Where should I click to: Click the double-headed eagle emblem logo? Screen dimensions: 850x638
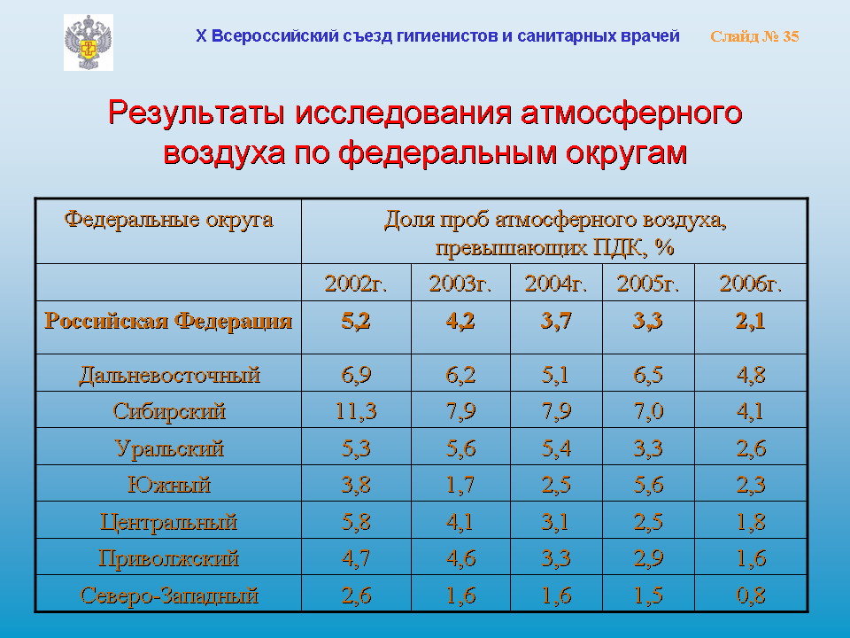click(x=89, y=43)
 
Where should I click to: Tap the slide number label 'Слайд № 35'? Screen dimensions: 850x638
click(x=754, y=36)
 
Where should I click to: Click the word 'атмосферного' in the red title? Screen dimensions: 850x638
click(x=631, y=113)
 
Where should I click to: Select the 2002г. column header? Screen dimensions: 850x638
click(x=356, y=284)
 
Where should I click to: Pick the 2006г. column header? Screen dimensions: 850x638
click(x=751, y=284)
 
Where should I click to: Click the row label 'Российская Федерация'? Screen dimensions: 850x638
click(x=168, y=321)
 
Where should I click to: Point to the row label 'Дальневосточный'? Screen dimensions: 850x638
click(x=170, y=375)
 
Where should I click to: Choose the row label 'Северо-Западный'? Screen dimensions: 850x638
click(x=169, y=595)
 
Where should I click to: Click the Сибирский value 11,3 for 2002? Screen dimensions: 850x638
click(x=356, y=411)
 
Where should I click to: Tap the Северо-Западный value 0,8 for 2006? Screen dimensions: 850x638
click(x=751, y=595)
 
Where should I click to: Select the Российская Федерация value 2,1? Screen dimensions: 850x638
click(x=751, y=321)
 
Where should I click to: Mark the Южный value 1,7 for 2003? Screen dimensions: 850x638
click(x=460, y=485)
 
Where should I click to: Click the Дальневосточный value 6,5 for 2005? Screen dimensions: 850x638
click(x=648, y=375)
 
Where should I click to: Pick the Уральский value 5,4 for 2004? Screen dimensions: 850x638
click(x=556, y=448)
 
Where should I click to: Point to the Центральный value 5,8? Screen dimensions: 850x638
click(x=356, y=522)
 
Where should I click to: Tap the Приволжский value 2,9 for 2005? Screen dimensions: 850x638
click(x=648, y=558)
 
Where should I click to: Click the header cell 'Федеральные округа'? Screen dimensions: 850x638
click(x=168, y=220)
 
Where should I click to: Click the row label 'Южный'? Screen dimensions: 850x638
click(x=169, y=485)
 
